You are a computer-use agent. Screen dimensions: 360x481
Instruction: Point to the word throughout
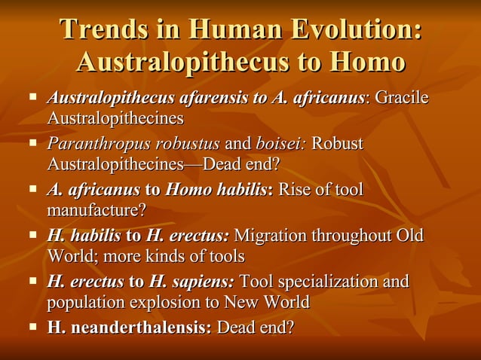pyautogui.click(x=357, y=236)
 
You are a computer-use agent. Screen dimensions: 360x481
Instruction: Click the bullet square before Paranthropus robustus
pyautogui.click(x=32, y=142)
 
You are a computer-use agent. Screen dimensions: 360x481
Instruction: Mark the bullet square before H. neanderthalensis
pyautogui.click(x=32, y=326)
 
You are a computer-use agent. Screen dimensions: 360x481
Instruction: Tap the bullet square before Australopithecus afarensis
pyautogui.click(x=32, y=96)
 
